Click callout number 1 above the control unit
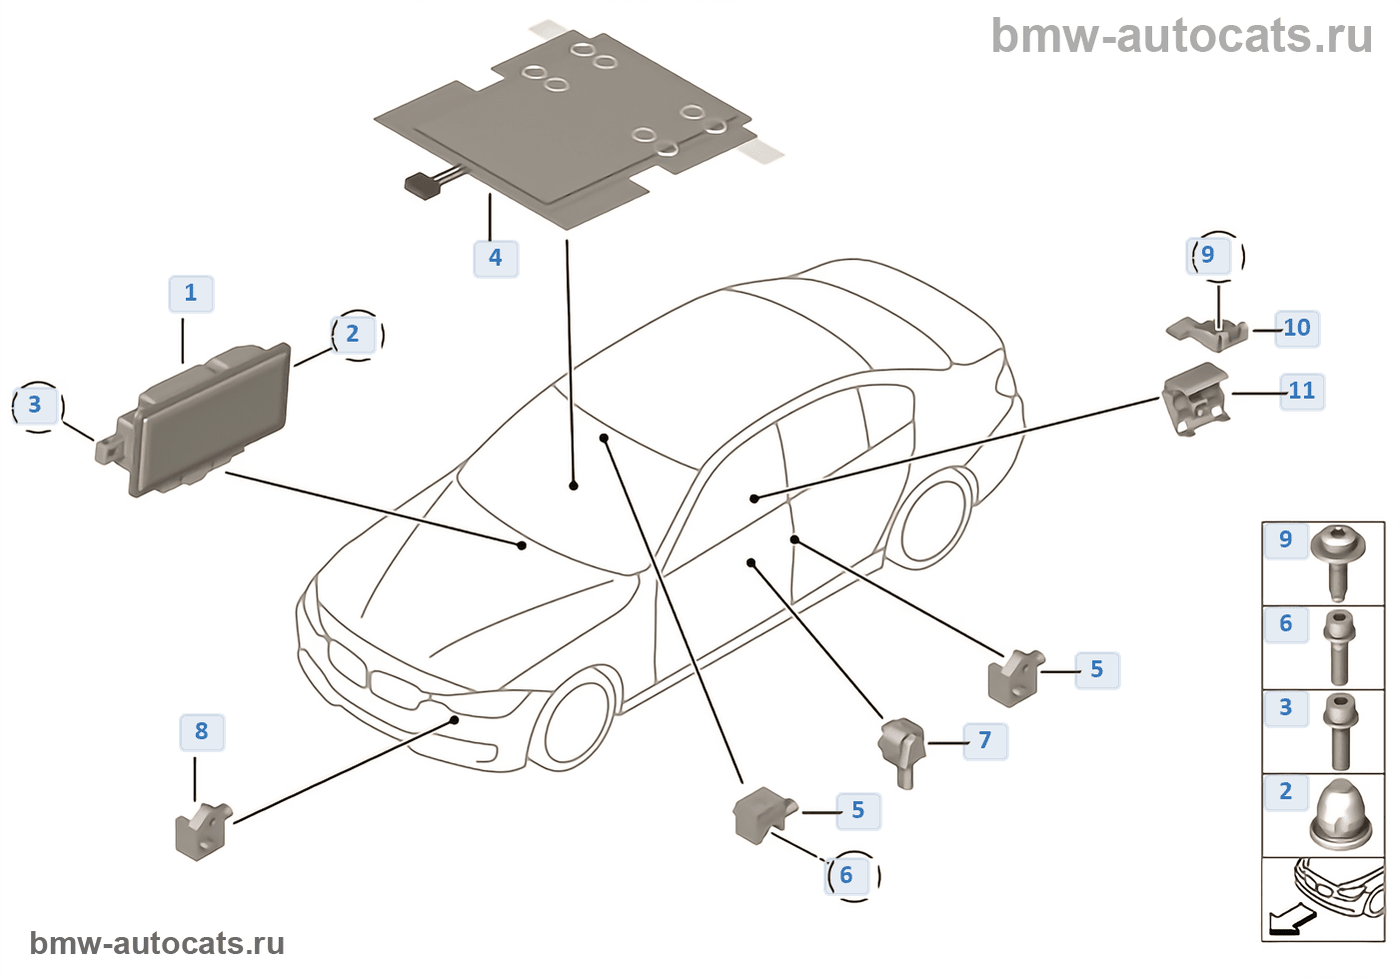pos(191,293)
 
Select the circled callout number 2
pos(353,334)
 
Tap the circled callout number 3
pos(35,405)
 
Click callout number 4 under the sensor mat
pos(495,258)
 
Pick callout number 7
pos(985,740)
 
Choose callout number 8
pos(202,731)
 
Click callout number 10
pos(1297,328)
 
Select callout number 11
pos(1301,391)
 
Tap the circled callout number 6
pos(846,876)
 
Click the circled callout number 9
pos(1208,255)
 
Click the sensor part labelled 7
pos(902,750)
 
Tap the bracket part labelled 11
pos(1194,399)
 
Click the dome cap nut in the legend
pos(1337,815)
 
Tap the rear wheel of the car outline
pos(933,525)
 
